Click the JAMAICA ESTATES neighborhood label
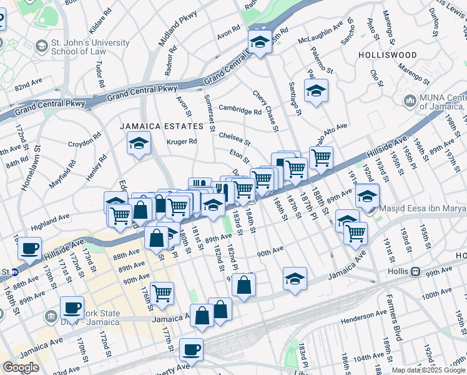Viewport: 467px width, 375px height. point(162,126)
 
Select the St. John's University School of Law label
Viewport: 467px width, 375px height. point(91,47)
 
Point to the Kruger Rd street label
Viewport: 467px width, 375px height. point(182,142)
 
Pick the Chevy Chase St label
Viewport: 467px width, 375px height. point(265,111)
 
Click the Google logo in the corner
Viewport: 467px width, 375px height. point(21,367)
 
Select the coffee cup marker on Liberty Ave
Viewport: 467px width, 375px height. point(192,349)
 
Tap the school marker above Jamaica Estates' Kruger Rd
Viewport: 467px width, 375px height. point(139,143)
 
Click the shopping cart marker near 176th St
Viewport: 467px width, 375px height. point(162,292)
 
